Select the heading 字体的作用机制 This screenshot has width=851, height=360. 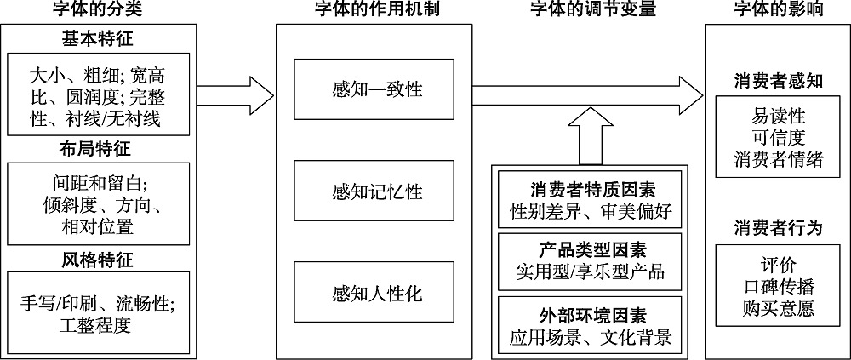pyautogui.click(x=374, y=10)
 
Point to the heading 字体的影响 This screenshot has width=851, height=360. pyautogui.click(x=778, y=10)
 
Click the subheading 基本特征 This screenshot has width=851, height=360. pyautogui.click(x=98, y=39)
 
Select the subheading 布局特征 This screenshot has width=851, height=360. pyautogui.click(x=98, y=149)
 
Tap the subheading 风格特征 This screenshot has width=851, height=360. pyautogui.click(x=98, y=260)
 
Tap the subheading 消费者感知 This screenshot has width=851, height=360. pyautogui.click(x=779, y=82)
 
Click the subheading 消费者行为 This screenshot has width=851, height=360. pyautogui.click(x=779, y=227)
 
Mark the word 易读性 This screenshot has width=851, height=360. pyautogui.click(x=779, y=115)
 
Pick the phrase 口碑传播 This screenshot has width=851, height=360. pyautogui.click(x=779, y=286)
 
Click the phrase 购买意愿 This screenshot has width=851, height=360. pyautogui.click(x=779, y=307)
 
